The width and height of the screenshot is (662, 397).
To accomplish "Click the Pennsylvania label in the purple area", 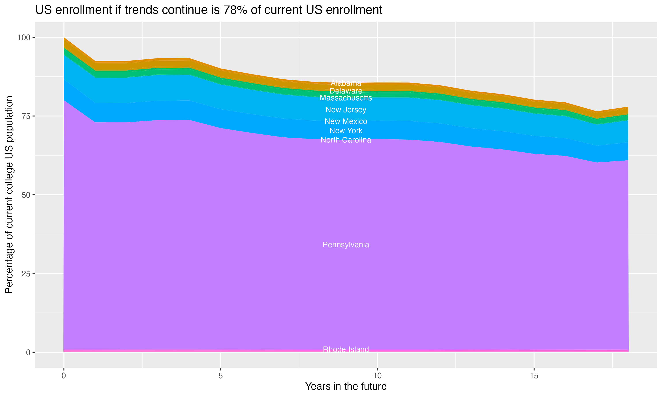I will click(x=346, y=245).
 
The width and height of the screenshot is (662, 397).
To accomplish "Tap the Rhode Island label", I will click(x=346, y=349).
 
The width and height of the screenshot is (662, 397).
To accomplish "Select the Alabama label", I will click(x=346, y=83).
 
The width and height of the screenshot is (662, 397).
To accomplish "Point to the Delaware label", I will click(x=346, y=91).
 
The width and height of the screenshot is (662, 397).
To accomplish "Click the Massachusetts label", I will click(x=346, y=98).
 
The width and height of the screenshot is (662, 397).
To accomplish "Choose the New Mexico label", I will click(x=346, y=122).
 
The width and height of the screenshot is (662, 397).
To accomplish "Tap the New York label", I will click(x=346, y=131).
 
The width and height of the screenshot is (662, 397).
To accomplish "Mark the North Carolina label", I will click(x=346, y=140).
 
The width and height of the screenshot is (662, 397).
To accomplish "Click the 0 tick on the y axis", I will click(x=28, y=352).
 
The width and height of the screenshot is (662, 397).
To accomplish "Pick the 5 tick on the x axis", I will click(x=220, y=376).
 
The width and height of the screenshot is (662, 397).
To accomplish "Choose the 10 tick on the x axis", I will click(x=377, y=376).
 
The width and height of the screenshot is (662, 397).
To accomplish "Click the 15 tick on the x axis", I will click(x=534, y=376).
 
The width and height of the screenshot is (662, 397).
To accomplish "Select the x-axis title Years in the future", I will click(x=346, y=386).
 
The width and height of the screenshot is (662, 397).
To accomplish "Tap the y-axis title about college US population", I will click(x=9, y=195).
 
